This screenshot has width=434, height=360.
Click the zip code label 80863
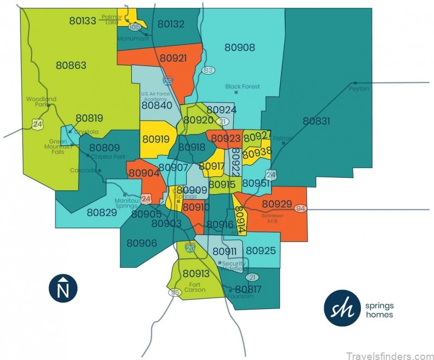point(71,66)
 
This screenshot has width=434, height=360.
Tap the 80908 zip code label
point(239,48)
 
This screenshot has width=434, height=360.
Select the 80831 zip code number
point(316,121)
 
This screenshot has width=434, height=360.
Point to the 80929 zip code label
point(278,204)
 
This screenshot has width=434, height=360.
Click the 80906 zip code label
point(142,243)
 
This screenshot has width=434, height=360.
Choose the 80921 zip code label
point(174,58)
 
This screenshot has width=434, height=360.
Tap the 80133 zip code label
point(83,21)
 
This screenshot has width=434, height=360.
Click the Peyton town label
point(359,88)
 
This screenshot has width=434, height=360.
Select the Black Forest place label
point(242,87)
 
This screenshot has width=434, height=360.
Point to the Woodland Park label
point(41,101)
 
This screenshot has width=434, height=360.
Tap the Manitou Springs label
point(126,203)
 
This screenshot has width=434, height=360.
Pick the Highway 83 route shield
point(208,70)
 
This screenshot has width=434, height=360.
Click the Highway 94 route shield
point(301,209)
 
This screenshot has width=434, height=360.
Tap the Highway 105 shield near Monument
point(135,27)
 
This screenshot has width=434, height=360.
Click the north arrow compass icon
point(63,288)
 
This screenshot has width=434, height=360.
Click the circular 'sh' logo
point(342,308)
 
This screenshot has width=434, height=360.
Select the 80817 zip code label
point(247,290)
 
